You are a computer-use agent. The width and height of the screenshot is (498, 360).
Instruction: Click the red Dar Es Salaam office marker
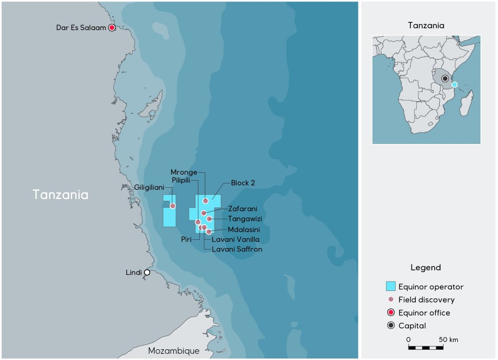pyautogui.click(x=112, y=28)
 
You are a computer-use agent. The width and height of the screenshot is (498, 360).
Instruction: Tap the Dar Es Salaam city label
pyautogui.click(x=81, y=28)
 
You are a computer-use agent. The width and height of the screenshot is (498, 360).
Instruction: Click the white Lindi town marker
pyautogui.click(x=147, y=272)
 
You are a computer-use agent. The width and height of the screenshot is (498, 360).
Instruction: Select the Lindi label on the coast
pyautogui.click(x=134, y=272)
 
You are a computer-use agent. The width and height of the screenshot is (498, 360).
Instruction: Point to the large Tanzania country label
pyautogui.click(x=61, y=195)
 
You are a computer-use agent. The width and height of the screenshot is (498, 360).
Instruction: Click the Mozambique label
pyautogui.click(x=174, y=351)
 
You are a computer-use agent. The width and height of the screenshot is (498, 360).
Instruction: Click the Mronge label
pyautogui.click(x=184, y=172)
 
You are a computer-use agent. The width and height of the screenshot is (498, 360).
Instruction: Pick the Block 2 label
pyautogui.click(x=243, y=183)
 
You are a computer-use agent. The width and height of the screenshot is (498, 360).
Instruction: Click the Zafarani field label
pyautogui.click(x=243, y=209)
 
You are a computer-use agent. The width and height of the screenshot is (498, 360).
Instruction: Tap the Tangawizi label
pyautogui.click(x=245, y=219)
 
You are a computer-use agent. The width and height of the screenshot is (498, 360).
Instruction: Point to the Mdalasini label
pyautogui.click(x=244, y=230)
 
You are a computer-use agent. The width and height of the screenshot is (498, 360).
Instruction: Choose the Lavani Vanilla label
pyautogui.click(x=235, y=239)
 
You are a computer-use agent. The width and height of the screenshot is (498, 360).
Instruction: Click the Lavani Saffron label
pyautogui.click(x=237, y=249)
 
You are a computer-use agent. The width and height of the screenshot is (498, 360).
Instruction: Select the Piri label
pyautogui.click(x=186, y=239)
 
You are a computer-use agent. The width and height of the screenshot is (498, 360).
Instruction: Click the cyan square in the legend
pyautogui.click(x=391, y=286)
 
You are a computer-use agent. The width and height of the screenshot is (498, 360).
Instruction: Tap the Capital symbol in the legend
pyautogui.click(x=391, y=325)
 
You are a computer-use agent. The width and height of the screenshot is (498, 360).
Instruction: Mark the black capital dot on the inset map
pyautogui.click(x=445, y=78)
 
